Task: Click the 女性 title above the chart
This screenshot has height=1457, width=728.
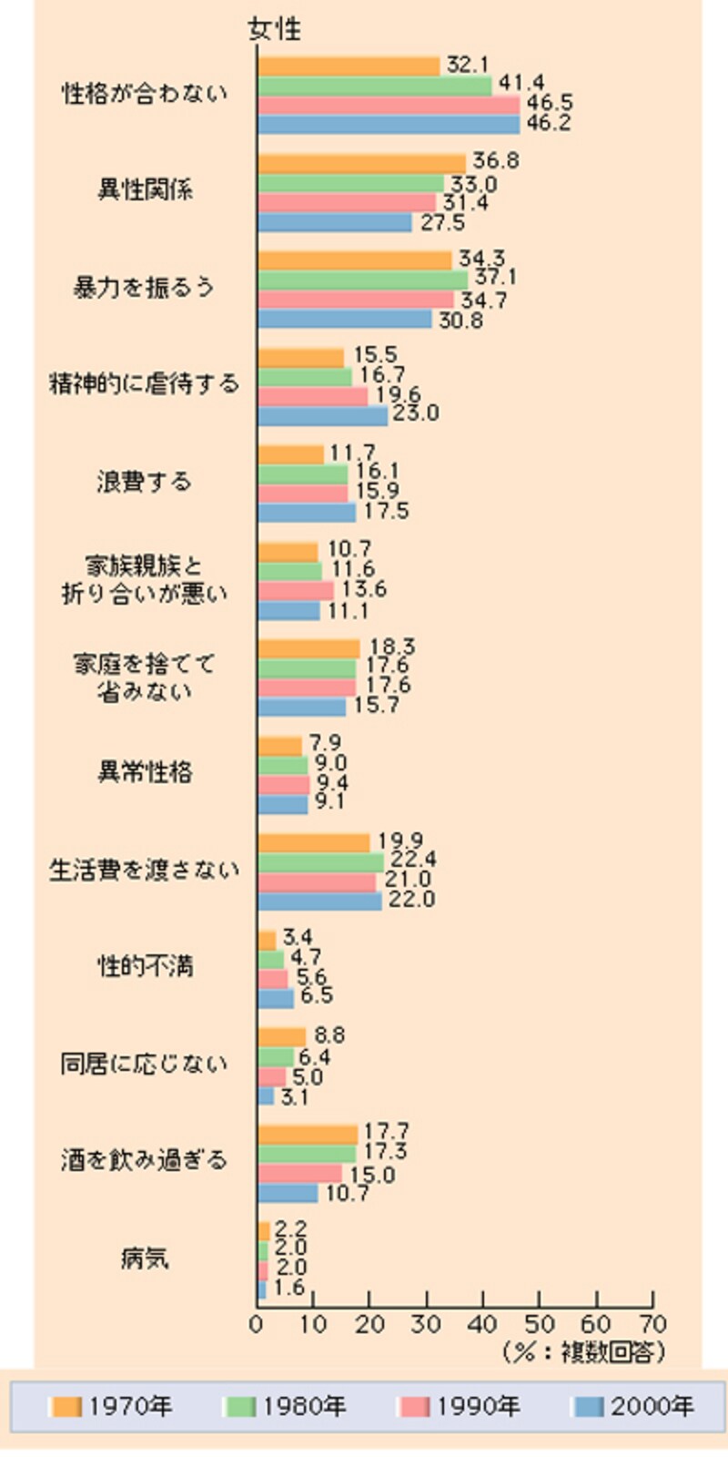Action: pos(275,29)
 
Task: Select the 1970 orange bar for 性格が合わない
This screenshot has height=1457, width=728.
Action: pos(349,66)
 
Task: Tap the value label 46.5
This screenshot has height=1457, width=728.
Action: pos(550,103)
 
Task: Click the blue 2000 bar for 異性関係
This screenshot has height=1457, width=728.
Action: pos(334,222)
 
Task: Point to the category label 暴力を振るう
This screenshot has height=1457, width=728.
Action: pos(144,288)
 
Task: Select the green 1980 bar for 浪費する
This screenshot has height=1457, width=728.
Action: pos(303,474)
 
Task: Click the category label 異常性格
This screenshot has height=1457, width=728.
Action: pos(145,772)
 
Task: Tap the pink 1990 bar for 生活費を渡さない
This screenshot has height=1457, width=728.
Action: pos(317,881)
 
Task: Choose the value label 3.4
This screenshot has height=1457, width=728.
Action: pos(298,937)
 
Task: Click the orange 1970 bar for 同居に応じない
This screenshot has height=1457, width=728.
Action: pos(281,1036)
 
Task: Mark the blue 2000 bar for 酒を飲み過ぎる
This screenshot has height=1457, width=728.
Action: pos(288,1192)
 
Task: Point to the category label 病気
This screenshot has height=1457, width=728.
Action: pos(145,1258)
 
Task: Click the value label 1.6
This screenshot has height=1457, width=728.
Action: pos(289,1288)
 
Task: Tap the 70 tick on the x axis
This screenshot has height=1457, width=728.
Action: pos(652,1325)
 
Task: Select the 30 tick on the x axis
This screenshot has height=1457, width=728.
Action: pos(426,1325)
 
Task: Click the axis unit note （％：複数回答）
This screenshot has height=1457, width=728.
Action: pos(584,1352)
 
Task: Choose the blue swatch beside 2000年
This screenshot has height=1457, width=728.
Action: pos(590,1407)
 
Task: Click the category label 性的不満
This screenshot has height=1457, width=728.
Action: pos(145,966)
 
